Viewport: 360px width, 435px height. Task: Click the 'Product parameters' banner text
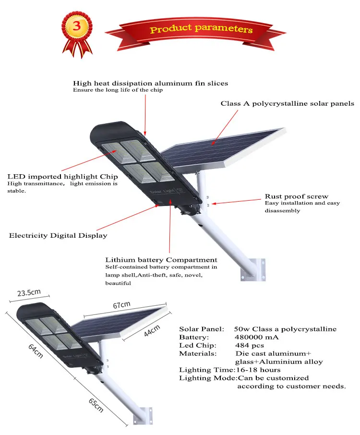pyautogui.click(x=201, y=29)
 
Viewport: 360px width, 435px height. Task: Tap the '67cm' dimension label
pyautogui.click(x=122, y=305)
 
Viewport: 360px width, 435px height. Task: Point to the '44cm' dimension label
pyautogui.click(x=153, y=331)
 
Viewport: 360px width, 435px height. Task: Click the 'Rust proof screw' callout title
pyautogui.click(x=296, y=196)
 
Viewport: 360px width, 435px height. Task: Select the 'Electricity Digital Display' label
pyautogui.click(x=58, y=236)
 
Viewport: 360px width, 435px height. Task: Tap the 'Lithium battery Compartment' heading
pyautogui.click(x=161, y=260)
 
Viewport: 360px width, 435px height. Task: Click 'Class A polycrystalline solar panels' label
pyautogui.click(x=287, y=103)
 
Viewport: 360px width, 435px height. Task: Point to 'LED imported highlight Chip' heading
pyautogui.click(x=62, y=177)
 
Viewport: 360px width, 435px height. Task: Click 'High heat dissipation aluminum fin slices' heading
pyautogui.click(x=150, y=83)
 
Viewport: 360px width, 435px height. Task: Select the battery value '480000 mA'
pyautogui.click(x=256, y=338)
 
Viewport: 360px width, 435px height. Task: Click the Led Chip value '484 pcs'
pyautogui.click(x=250, y=346)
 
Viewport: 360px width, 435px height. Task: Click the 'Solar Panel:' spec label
pyautogui.click(x=201, y=329)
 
